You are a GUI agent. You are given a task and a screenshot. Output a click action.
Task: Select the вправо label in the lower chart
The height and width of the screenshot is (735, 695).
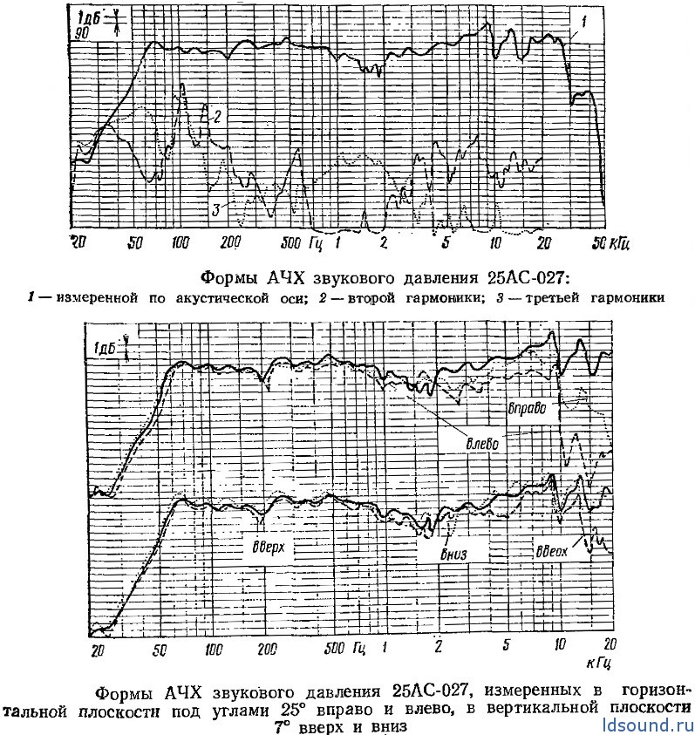526,407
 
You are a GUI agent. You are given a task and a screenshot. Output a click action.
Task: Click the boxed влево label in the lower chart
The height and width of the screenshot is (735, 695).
481,443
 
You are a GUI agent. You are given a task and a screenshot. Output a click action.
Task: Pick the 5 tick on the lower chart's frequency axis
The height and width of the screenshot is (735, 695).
506,646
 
